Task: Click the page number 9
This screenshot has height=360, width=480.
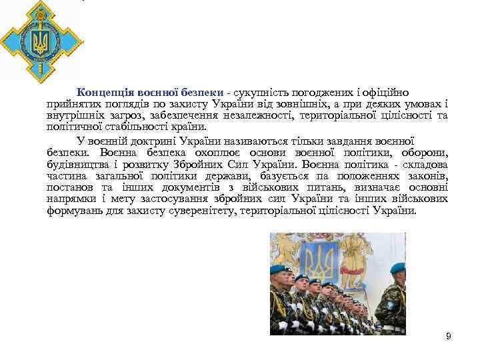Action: (448, 336)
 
